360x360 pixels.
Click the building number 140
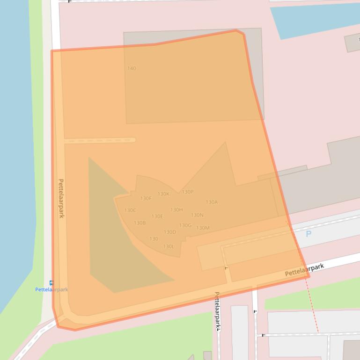click(x=132, y=68)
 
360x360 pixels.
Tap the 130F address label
click(x=146, y=199)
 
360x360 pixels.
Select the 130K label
click(x=163, y=194)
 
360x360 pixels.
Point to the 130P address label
click(x=187, y=192)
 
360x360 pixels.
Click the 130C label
click(x=130, y=210)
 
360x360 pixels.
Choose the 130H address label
click(x=176, y=210)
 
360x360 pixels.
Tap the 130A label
click(x=212, y=202)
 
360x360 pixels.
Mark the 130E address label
click(x=157, y=216)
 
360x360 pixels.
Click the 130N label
click(x=197, y=215)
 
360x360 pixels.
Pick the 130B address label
click(x=140, y=223)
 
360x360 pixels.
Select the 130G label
click(x=185, y=225)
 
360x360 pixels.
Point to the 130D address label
click(x=170, y=232)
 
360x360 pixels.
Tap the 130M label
click(x=203, y=228)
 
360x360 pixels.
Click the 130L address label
click(x=169, y=246)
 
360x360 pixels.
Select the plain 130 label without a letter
click(x=154, y=239)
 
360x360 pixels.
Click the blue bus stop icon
click(x=51, y=283)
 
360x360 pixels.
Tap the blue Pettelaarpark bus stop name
click(x=51, y=289)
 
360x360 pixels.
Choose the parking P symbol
click(x=309, y=234)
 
